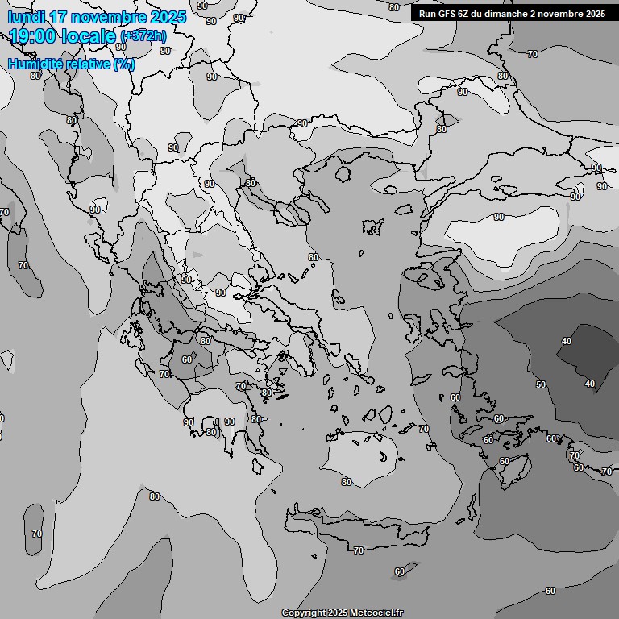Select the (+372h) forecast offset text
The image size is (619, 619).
143,36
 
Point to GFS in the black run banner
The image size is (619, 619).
446,14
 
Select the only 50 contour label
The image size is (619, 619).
541,384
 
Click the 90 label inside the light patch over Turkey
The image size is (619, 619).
499,217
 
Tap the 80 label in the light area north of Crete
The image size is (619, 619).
347,482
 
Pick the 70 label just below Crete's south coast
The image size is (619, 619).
359,550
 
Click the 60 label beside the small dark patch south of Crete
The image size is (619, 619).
400,571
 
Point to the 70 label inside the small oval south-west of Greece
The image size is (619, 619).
36,534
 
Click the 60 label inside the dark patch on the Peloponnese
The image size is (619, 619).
187,359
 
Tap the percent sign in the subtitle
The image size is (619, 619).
124,64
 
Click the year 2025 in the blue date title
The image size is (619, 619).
168,17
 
